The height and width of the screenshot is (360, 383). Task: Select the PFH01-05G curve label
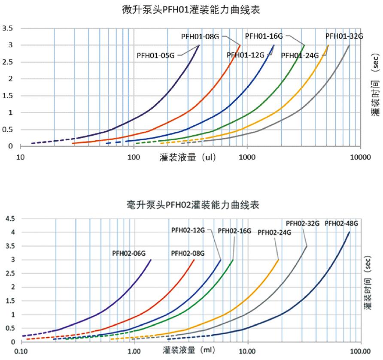(x=155, y=55)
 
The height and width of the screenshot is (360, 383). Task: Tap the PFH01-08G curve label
(x=201, y=36)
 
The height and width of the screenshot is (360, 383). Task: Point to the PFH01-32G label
(x=344, y=36)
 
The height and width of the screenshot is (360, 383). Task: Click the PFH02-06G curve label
(x=127, y=253)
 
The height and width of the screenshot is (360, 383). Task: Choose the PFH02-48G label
(x=341, y=223)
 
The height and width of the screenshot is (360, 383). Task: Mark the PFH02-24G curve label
(x=274, y=233)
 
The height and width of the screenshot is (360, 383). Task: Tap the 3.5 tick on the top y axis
(x=7, y=29)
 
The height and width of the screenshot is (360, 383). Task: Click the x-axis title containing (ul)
(x=187, y=157)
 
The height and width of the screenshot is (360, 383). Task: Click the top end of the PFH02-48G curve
(x=350, y=232)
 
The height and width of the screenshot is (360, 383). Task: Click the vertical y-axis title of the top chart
(x=375, y=85)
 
